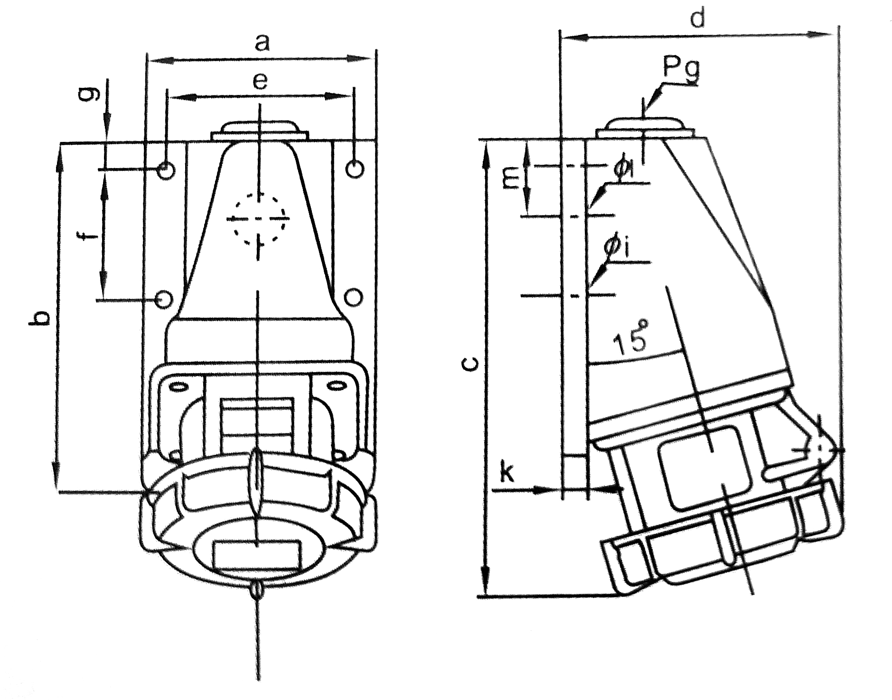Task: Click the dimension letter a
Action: (x=262, y=43)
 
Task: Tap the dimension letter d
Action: (x=697, y=19)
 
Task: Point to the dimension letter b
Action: (x=40, y=318)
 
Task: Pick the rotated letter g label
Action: (x=92, y=94)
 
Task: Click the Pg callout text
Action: (x=681, y=69)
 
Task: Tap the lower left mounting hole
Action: (x=164, y=299)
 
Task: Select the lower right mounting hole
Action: (x=354, y=297)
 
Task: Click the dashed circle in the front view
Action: (x=259, y=219)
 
